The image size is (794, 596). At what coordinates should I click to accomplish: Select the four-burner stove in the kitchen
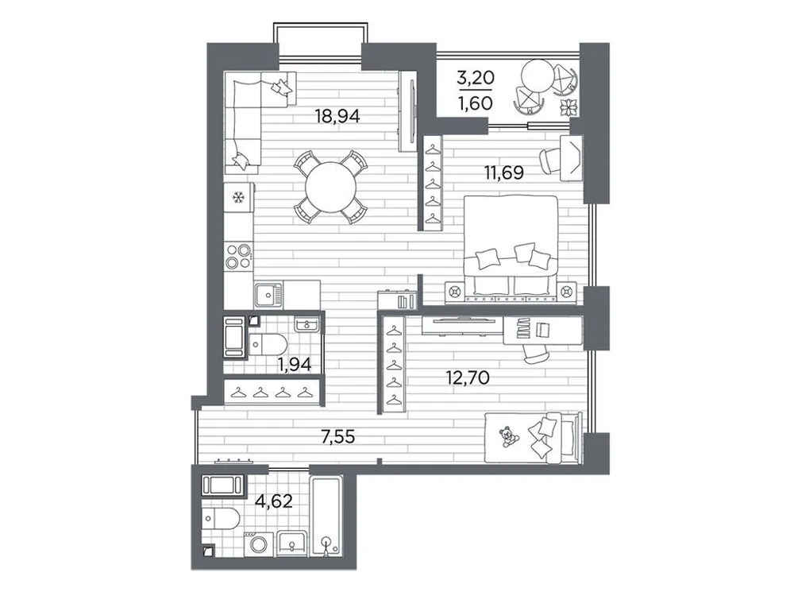pyautogui.click(x=238, y=256)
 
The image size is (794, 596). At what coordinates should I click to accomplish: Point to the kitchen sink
pyautogui.click(x=269, y=295)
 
